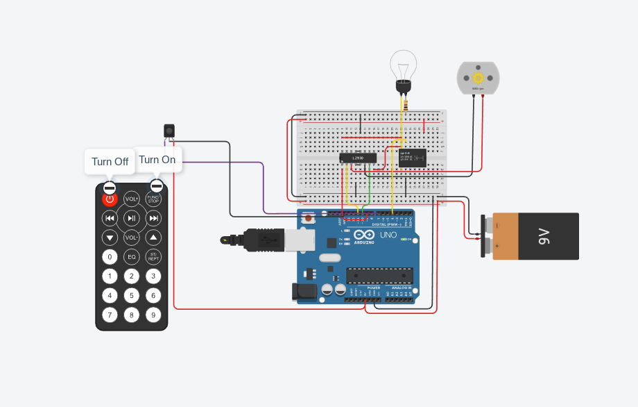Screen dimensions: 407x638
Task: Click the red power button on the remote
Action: pyautogui.click(x=110, y=199)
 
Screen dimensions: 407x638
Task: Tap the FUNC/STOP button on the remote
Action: pyautogui.click(x=153, y=199)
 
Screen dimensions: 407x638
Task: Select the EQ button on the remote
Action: pyautogui.click(x=132, y=257)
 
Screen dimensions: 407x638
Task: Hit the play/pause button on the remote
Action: pyautogui.click(x=132, y=219)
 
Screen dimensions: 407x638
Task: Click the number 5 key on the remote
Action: pyautogui.click(x=132, y=295)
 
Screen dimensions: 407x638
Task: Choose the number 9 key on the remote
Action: pyautogui.click(x=153, y=315)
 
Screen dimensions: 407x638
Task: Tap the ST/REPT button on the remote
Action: pyautogui.click(x=153, y=257)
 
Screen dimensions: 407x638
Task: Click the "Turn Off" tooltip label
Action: pyautogui.click(x=110, y=162)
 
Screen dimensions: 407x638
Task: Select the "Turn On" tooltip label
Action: pyautogui.click(x=157, y=160)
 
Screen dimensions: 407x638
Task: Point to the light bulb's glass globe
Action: pyautogui.click(x=402, y=65)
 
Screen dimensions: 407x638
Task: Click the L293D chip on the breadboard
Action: pyautogui.click(x=358, y=158)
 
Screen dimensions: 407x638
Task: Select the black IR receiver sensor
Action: pyautogui.click(x=169, y=130)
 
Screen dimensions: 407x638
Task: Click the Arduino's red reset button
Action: pyautogui.click(x=308, y=218)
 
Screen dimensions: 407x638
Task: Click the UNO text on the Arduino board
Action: pyautogui.click(x=388, y=235)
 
